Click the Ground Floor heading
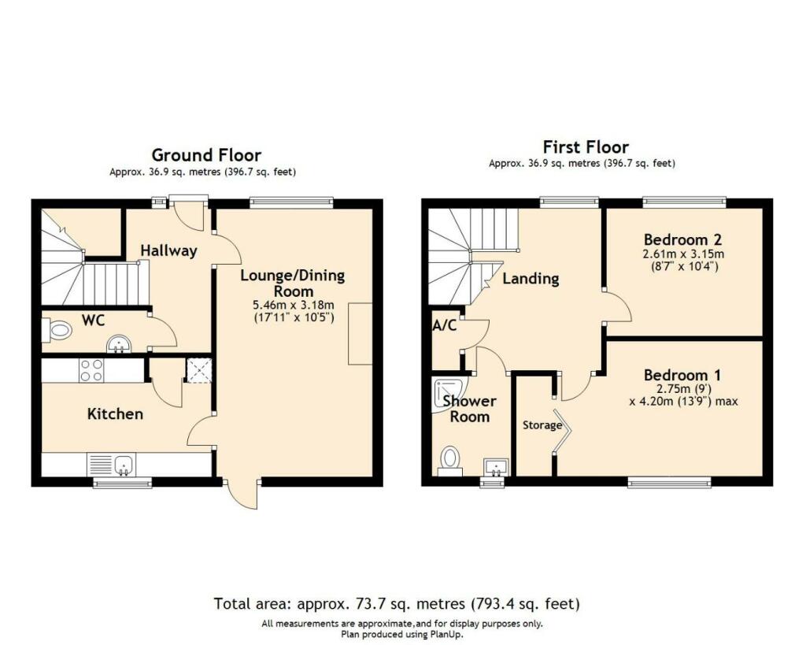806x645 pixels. (206, 155)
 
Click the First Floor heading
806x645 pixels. (586, 147)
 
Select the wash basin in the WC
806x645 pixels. (119, 343)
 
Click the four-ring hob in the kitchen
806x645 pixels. (91, 370)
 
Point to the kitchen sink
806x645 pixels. (123, 465)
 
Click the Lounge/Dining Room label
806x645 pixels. (292, 284)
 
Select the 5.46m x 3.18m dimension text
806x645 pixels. (292, 306)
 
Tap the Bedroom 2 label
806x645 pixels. (683, 239)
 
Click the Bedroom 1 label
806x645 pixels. (682, 375)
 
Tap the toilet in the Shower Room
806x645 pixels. (450, 459)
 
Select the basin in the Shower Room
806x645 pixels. (496, 467)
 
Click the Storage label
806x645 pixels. (542, 425)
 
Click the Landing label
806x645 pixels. (531, 278)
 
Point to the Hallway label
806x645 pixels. (168, 250)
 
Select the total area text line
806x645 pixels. (397, 604)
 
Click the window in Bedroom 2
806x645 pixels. (683, 202)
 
